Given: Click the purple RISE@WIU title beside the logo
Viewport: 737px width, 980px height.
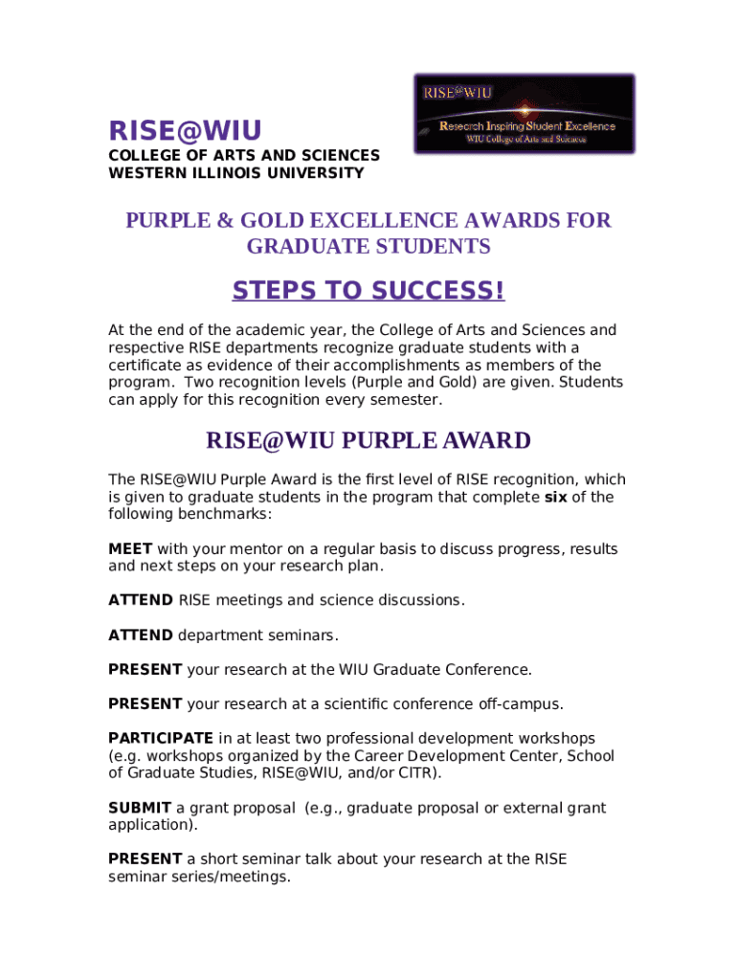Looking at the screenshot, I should pyautogui.click(x=185, y=130).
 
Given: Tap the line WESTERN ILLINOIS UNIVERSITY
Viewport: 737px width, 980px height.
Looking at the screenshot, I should pyautogui.click(x=235, y=173).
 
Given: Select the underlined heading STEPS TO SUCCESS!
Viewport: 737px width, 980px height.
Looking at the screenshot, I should pyautogui.click(x=368, y=290).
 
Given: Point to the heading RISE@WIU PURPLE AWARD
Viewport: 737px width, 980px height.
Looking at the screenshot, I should pyautogui.click(x=368, y=440).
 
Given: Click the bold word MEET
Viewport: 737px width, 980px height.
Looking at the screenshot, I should pyautogui.click(x=130, y=549).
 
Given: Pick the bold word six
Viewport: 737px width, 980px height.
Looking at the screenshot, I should pyautogui.click(x=555, y=498).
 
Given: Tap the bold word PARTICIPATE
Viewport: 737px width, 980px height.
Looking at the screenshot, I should pyautogui.click(x=161, y=739).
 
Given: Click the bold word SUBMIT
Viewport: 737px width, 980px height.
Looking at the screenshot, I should pyautogui.click(x=140, y=808).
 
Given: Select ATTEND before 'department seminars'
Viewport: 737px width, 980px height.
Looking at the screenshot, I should pyautogui.click(x=141, y=635).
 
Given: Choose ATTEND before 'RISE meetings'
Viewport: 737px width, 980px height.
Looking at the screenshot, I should pyautogui.click(x=141, y=601).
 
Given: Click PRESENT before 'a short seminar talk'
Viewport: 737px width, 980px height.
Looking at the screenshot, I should pyautogui.click(x=145, y=859).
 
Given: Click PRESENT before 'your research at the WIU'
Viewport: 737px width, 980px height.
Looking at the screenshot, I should pyautogui.click(x=145, y=670).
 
